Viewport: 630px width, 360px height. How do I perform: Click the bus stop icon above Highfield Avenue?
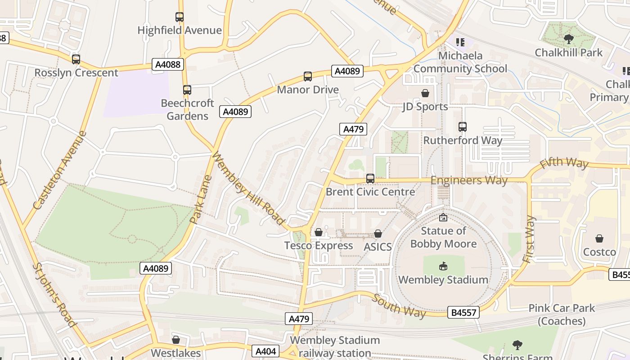coord(180,17)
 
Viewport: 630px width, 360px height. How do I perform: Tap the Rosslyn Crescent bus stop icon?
coord(76,59)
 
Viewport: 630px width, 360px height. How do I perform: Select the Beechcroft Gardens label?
coord(187,109)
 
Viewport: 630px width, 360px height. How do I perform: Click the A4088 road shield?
coord(168,64)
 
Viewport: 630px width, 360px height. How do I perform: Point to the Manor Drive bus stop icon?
coord(308,76)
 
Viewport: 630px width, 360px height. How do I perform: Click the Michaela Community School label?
coord(460,62)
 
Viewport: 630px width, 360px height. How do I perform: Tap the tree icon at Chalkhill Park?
coord(568,39)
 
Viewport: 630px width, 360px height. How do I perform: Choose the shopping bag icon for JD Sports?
coord(425,93)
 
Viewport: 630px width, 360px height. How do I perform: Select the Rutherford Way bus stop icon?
coord(463,127)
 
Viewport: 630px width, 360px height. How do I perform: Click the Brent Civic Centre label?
coord(370,192)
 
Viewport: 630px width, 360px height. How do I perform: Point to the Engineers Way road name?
coord(469,180)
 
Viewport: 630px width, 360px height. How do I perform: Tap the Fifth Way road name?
coord(564,163)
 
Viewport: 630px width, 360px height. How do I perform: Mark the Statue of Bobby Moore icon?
coord(443,218)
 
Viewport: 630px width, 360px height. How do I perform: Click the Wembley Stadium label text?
coord(443,279)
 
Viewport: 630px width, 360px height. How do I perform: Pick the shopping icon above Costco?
coord(599,238)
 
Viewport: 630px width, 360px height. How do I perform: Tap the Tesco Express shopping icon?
coord(319,232)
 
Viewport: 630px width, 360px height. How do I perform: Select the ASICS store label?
coord(378,247)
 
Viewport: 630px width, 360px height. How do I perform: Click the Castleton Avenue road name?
coord(59,170)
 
